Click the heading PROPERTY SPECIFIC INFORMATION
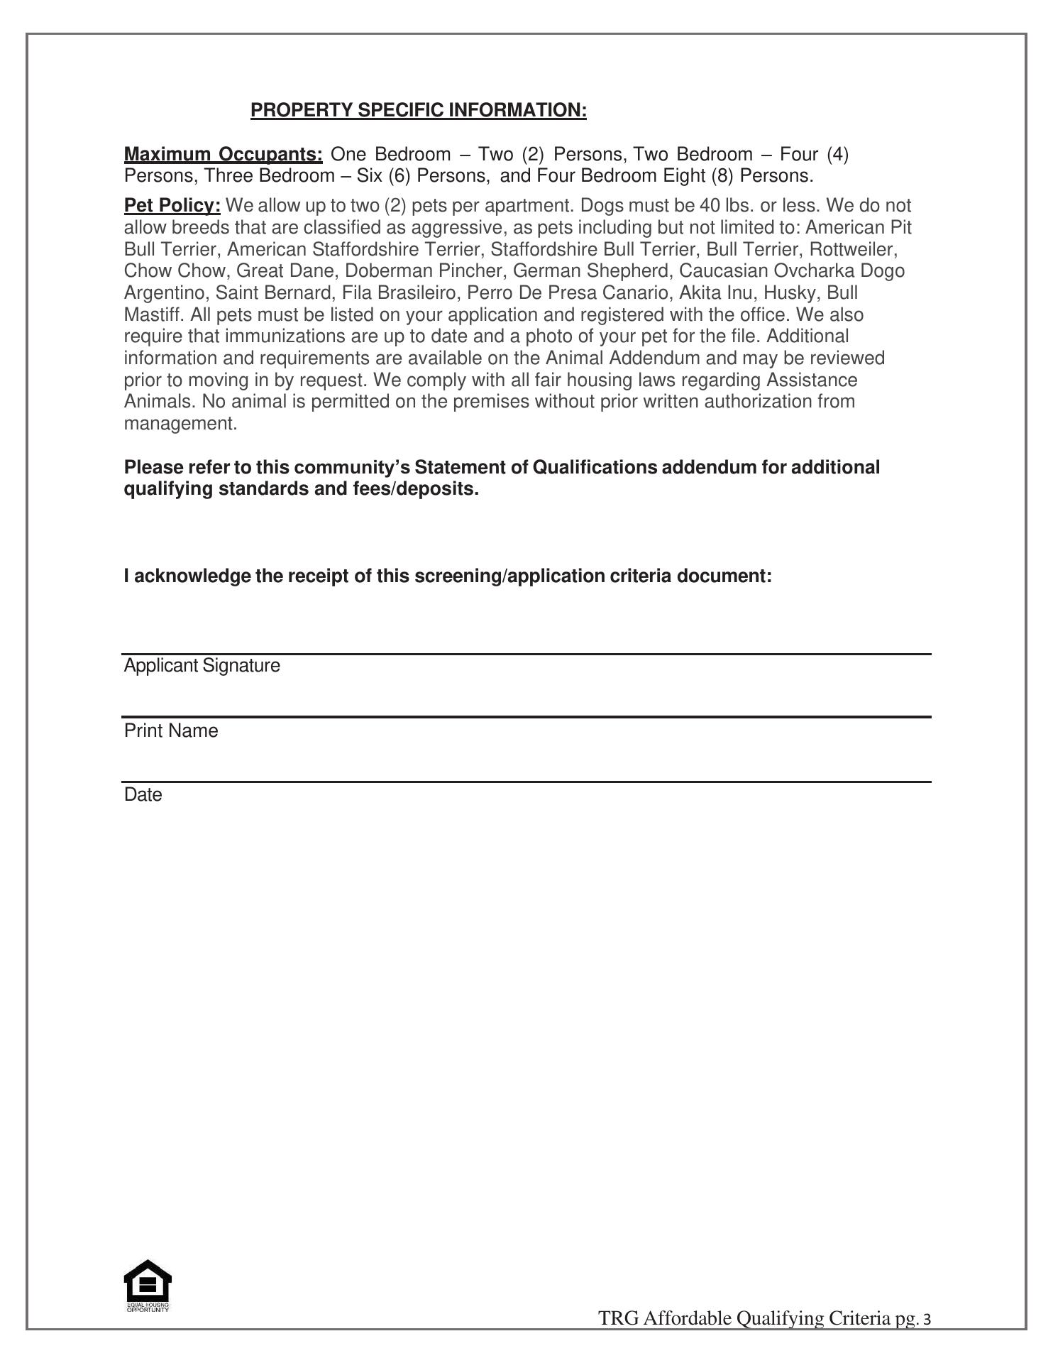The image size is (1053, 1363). tap(419, 110)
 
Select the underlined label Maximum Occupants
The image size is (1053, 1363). tap(223, 154)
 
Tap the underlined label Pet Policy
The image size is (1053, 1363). tap(172, 205)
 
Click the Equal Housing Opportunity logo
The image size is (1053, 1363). tap(148, 1286)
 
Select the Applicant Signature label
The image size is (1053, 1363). tap(202, 666)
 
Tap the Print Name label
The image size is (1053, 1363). tap(171, 731)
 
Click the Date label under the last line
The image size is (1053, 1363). tap(143, 795)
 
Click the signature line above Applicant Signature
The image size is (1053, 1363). tap(526, 653)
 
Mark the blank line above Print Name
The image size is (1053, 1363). tap(526, 717)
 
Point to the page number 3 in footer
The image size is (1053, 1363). tap(926, 1320)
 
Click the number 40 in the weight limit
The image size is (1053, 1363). tap(710, 205)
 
